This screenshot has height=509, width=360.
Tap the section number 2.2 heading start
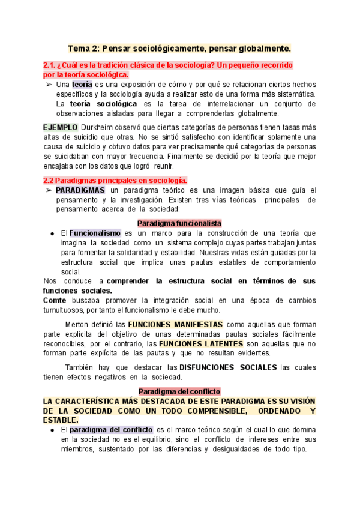[x=50, y=180]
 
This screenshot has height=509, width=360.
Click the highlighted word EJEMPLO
[x=60, y=128]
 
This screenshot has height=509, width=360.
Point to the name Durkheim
[x=98, y=128]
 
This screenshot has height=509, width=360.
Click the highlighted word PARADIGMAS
[x=80, y=190]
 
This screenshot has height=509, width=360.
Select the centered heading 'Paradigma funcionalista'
[x=179, y=223]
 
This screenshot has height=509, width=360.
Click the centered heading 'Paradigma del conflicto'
[x=179, y=391]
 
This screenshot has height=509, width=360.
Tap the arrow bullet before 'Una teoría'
[x=49, y=85]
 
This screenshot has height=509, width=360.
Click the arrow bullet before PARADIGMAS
[x=49, y=190]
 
